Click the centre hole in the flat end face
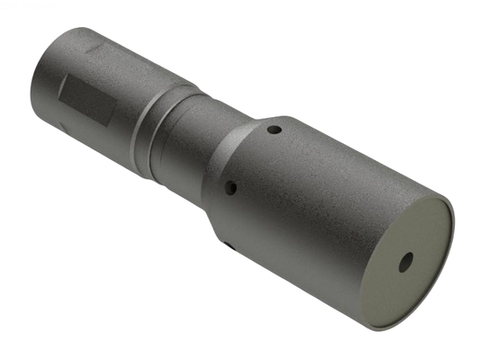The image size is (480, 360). (405, 262)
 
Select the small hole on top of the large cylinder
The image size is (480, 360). (275, 130)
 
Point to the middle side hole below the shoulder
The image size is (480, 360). (231, 189)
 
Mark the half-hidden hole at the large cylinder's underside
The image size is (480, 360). (229, 244)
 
